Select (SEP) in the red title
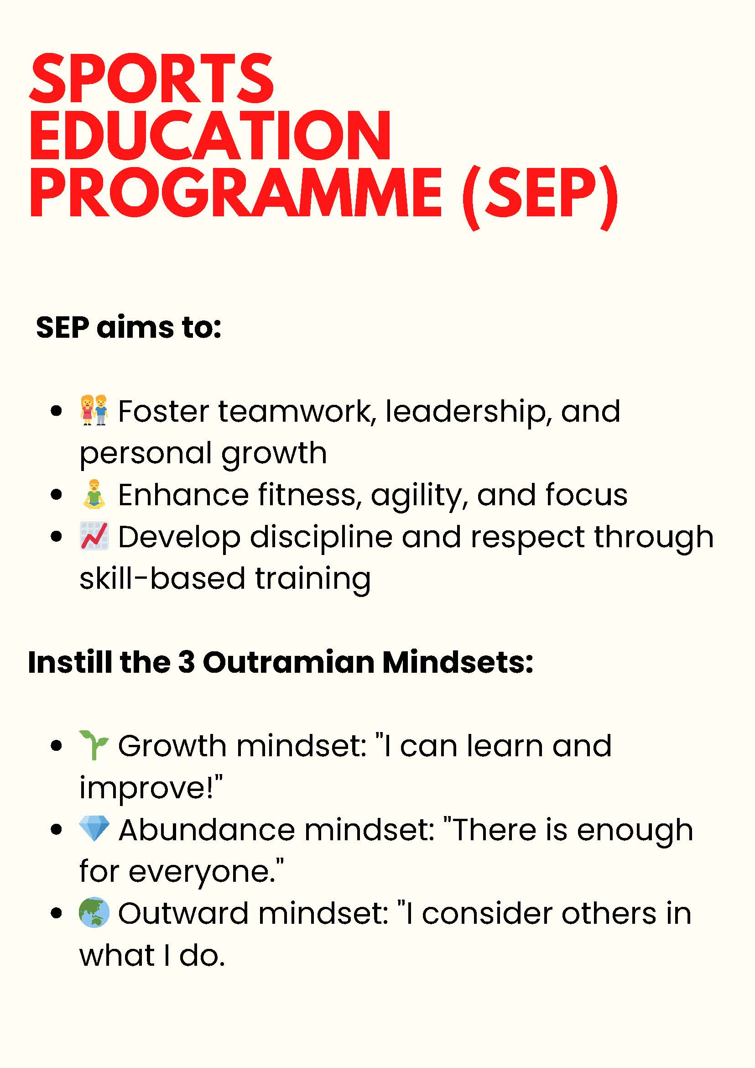(540, 196)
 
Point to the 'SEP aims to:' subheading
(129, 327)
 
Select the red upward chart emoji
(94, 536)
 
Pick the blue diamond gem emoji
(94, 829)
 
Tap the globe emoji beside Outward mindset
(94, 913)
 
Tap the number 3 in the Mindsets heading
(187, 662)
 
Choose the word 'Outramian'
(289, 662)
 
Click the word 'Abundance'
(207, 830)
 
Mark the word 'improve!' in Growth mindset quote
(151, 788)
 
